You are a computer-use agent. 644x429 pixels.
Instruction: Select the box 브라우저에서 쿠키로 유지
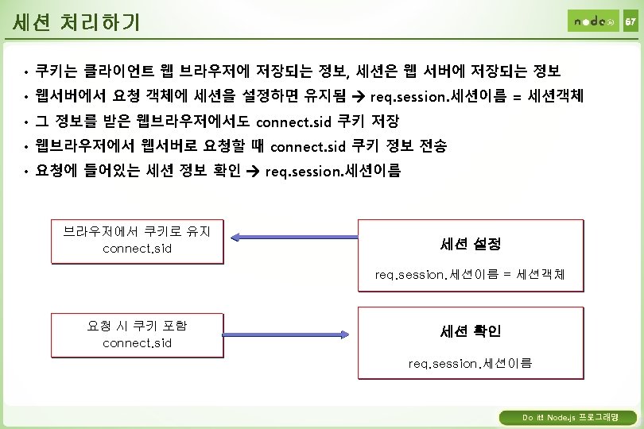(x=137, y=241)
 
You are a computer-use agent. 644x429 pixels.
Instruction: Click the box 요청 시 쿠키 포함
(x=137, y=334)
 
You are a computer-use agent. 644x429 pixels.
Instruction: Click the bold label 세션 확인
(x=470, y=330)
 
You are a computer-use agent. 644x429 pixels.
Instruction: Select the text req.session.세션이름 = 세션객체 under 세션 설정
(x=470, y=275)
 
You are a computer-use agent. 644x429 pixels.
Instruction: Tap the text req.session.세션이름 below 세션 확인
(x=470, y=363)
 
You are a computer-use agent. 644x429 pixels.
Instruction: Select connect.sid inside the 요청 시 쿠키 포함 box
(x=137, y=343)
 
